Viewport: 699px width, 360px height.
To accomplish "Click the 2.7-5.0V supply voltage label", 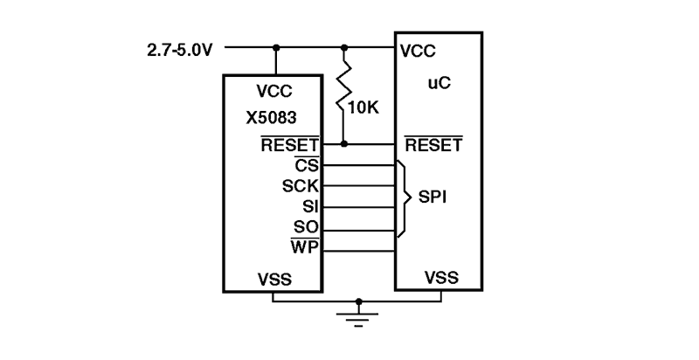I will (x=180, y=50).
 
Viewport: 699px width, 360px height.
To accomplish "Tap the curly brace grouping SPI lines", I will (x=404, y=197).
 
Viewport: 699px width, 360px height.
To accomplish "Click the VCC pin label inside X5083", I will (x=274, y=91).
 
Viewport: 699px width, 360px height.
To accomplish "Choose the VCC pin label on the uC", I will (x=418, y=51).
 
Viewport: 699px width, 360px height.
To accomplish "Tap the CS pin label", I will (x=307, y=165).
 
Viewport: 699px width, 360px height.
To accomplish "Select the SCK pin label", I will (x=300, y=186).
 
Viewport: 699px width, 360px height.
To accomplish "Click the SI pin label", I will (x=309, y=207).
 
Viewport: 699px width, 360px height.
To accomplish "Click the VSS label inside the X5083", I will (x=274, y=280).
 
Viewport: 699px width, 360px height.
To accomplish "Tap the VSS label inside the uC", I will (x=440, y=279).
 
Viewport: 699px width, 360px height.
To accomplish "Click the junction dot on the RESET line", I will (x=344, y=143).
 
